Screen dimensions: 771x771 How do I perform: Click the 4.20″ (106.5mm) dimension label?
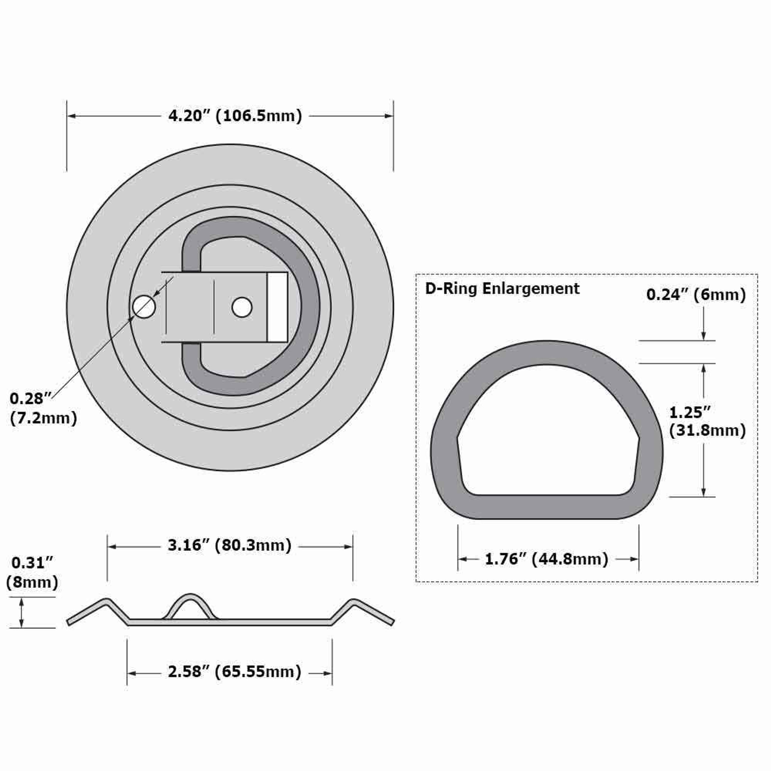coord(235,116)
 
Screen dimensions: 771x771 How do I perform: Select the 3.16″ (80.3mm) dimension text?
coord(229,545)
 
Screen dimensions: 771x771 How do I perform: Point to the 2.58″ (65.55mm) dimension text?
coord(234,671)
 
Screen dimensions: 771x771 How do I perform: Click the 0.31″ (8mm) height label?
coord(32,572)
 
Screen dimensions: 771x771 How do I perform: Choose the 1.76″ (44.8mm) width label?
coord(546,559)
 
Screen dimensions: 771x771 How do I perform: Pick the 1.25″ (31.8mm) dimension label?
coord(707,421)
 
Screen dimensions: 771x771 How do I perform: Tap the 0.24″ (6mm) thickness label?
coord(696,294)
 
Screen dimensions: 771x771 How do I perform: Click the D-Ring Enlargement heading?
coord(502,289)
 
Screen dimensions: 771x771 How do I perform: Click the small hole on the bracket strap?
coord(242,307)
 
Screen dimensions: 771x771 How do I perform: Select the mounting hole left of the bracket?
coord(144,307)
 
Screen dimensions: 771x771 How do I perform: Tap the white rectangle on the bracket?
coord(277,307)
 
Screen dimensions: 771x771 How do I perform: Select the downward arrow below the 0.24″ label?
coord(704,335)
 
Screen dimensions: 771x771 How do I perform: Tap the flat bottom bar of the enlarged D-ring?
coord(546,507)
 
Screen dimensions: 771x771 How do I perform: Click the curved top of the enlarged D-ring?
coord(546,352)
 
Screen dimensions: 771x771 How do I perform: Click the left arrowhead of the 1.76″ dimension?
coord(462,559)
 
